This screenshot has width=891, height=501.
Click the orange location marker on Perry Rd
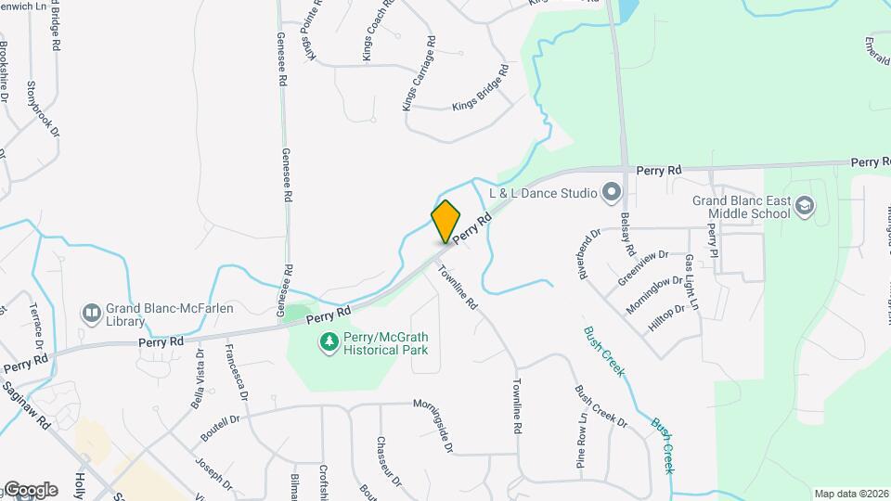coord(445,221)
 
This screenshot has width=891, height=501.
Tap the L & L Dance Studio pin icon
coord(611,194)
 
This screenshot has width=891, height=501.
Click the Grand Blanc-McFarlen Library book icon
coord(91,314)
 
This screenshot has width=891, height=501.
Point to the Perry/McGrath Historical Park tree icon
coord(328,344)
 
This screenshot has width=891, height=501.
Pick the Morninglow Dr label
coord(654,293)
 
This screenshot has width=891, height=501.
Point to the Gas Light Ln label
coord(691,282)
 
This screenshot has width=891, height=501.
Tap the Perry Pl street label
coord(713,239)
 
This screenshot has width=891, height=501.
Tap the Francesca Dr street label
coord(237,372)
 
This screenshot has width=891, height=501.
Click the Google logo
coord(30,490)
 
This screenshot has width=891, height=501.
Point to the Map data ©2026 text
coord(850,494)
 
